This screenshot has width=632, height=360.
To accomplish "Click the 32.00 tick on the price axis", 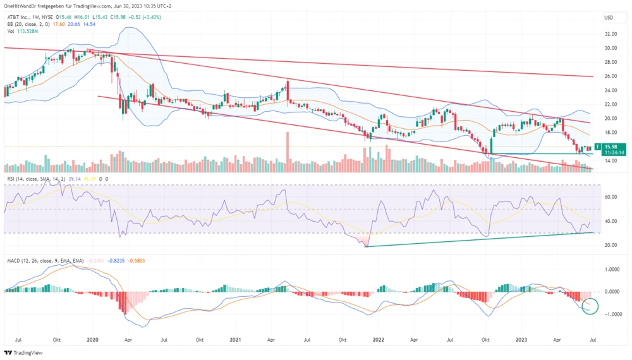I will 611,33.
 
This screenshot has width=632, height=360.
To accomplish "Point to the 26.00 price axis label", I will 611,76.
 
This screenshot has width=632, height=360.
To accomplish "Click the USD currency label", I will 609,17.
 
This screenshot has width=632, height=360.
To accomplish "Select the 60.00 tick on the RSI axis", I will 611,197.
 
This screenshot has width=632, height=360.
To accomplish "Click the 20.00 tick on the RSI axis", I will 611,245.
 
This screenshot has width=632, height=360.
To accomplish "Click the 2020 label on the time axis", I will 93,339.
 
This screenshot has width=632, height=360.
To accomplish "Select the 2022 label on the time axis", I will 378,339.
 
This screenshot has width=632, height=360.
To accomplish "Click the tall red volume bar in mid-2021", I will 287,152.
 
